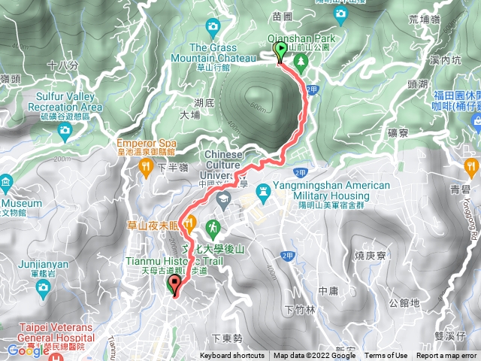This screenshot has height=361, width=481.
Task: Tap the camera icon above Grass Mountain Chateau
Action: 213,28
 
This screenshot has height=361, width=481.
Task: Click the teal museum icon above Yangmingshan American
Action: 262,190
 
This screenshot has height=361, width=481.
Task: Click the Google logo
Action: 29,350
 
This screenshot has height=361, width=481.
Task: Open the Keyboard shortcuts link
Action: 232,356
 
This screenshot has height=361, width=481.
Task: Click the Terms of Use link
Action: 386,356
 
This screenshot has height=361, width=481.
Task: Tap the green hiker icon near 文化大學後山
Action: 213,225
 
